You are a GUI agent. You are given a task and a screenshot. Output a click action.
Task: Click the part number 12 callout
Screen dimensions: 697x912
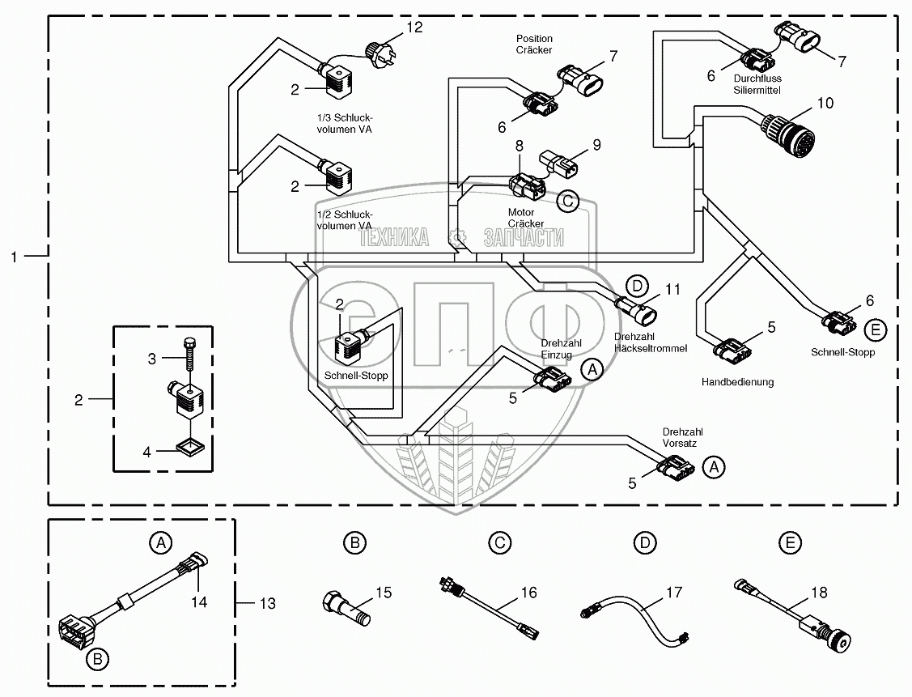click(x=414, y=28)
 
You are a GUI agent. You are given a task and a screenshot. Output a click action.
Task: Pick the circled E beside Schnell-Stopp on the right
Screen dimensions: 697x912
click(x=875, y=329)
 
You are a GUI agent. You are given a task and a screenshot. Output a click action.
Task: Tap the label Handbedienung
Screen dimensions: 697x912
click(x=736, y=382)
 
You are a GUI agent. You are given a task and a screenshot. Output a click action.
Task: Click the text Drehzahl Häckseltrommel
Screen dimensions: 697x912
click(x=651, y=342)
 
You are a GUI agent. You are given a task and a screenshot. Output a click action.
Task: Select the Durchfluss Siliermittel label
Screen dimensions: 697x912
click(x=757, y=85)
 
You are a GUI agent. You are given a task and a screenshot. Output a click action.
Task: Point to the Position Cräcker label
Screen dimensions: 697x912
click(x=533, y=44)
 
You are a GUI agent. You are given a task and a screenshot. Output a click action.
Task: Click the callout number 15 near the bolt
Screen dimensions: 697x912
click(x=383, y=593)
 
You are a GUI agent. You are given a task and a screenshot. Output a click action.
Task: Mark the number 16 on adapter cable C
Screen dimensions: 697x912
click(x=528, y=593)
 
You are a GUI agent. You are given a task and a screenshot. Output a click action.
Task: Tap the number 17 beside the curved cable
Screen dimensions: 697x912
click(x=673, y=593)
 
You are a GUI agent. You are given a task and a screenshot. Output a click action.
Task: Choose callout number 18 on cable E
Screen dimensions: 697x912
click(x=818, y=593)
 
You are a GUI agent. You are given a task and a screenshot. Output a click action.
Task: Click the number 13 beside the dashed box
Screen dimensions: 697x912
click(x=266, y=603)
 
